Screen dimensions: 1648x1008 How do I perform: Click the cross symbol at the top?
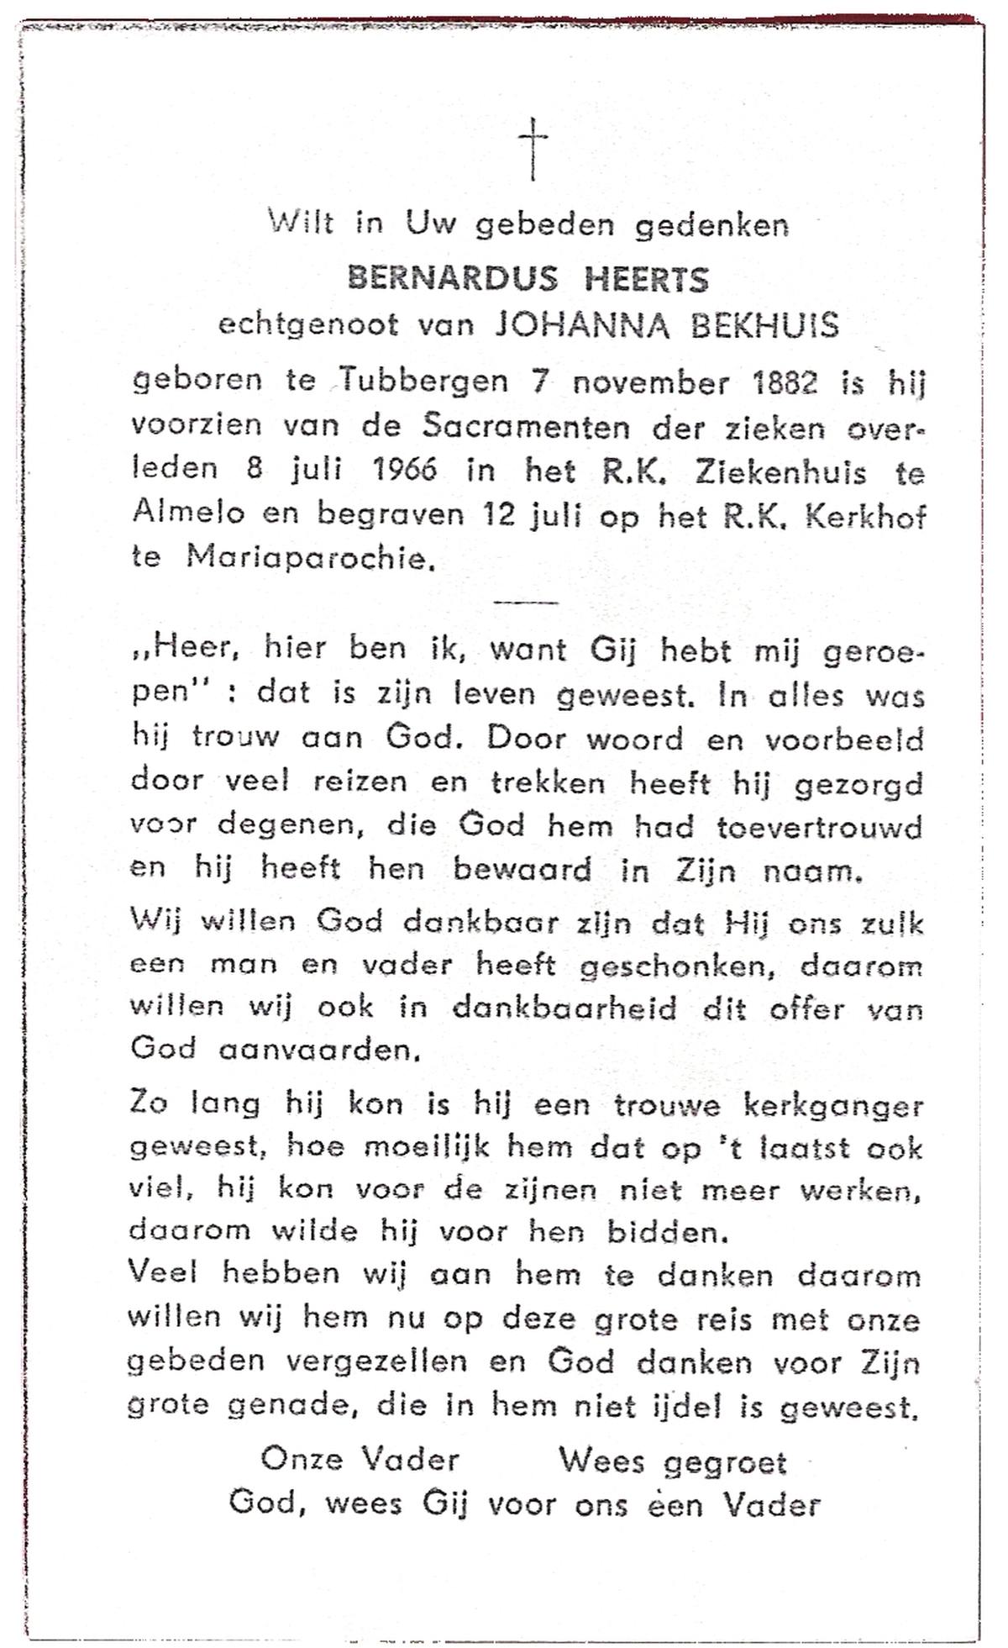point(533,149)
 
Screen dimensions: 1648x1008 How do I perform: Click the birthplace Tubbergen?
point(425,382)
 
